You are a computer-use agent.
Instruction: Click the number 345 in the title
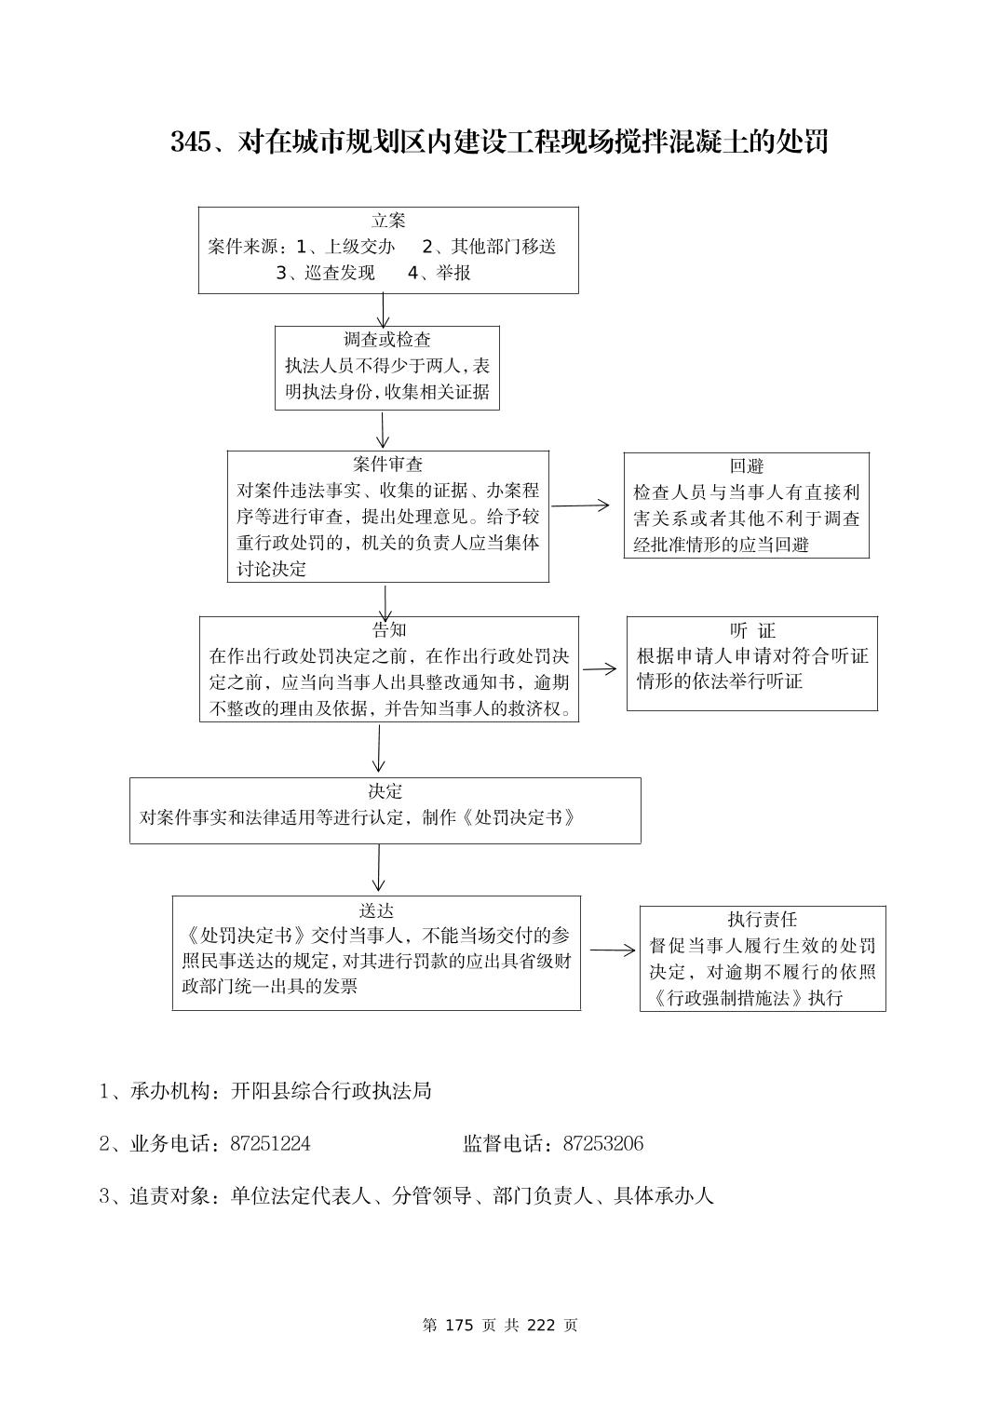pyautogui.click(x=192, y=142)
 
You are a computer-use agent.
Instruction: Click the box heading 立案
pyautogui.click(x=388, y=221)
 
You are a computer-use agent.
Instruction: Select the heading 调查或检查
pyautogui.click(x=387, y=340)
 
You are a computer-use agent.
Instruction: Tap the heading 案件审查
pyautogui.click(x=388, y=465)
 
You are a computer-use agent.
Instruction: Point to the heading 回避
pyautogui.click(x=747, y=466)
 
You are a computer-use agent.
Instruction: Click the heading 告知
pyautogui.click(x=389, y=630)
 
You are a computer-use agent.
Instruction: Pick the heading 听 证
pyautogui.click(x=752, y=630)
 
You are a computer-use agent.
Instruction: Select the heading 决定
pyautogui.click(x=385, y=791)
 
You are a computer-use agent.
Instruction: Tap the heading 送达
pyautogui.click(x=376, y=910)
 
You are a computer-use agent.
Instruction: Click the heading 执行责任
pyautogui.click(x=763, y=920)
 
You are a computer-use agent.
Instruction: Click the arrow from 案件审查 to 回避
pyautogui.click(x=580, y=505)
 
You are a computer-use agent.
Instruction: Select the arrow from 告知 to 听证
pyautogui.click(x=600, y=668)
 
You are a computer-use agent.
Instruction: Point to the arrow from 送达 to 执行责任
pyautogui.click(x=612, y=950)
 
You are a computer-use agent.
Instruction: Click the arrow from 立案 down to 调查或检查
pyautogui.click(x=383, y=310)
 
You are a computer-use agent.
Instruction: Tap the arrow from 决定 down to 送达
pyautogui.click(x=378, y=869)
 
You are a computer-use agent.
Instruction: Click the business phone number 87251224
pyautogui.click(x=270, y=1143)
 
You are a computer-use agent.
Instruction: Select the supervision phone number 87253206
pyautogui.click(x=603, y=1143)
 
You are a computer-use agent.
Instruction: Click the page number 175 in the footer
pyautogui.click(x=460, y=1325)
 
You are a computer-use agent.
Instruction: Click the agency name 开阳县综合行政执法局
pyautogui.click(x=331, y=1091)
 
